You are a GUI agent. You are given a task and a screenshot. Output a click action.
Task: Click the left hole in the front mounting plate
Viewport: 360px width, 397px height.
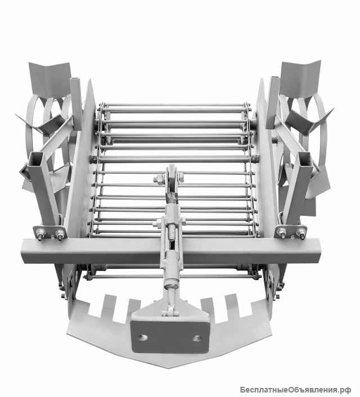pos(143,337)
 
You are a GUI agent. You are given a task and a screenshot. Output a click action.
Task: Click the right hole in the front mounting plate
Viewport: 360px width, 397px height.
pos(197,338)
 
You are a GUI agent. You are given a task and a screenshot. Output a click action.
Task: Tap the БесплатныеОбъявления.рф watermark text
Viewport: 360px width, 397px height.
pos(295,390)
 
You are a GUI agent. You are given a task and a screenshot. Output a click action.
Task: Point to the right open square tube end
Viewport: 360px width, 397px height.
pos(305,159)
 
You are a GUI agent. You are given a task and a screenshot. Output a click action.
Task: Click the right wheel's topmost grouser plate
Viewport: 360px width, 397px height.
pos(300,79)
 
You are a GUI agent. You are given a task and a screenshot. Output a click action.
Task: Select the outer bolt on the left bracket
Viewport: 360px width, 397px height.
pos(40,234)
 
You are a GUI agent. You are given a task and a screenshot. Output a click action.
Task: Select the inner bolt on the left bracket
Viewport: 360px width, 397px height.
pos(60,235)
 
